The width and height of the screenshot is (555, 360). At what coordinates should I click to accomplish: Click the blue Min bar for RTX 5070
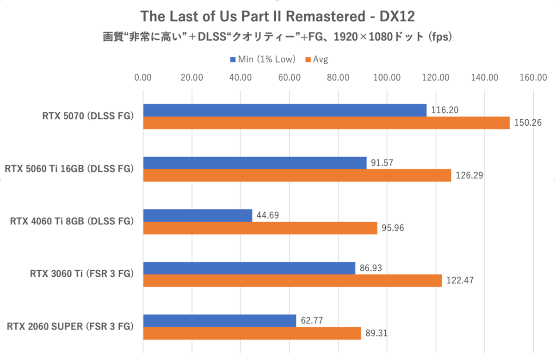[284, 110]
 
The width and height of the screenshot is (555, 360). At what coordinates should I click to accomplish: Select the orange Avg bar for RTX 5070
[326, 123]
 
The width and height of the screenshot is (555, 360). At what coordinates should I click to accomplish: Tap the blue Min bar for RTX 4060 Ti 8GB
[197, 215]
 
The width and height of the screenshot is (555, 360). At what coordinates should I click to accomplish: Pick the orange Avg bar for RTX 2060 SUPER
[252, 333]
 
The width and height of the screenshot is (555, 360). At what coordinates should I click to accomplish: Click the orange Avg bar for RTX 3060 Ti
[292, 281]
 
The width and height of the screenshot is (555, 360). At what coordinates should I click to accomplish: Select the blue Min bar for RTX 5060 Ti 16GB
[254, 163]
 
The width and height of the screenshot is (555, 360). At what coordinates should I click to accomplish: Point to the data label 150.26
[527, 123]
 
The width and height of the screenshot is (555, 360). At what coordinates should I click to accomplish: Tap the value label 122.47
[459, 281]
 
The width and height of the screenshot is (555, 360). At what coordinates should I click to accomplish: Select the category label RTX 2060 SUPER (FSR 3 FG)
[70, 327]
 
